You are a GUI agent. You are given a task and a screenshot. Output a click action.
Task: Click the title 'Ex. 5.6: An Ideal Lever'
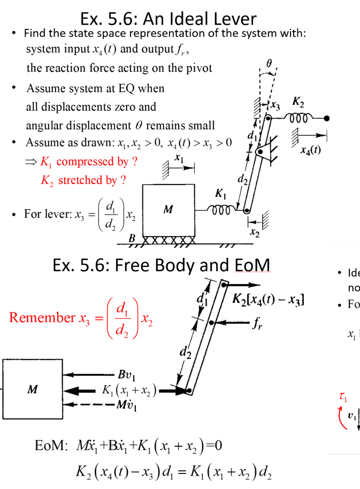(x=168, y=19)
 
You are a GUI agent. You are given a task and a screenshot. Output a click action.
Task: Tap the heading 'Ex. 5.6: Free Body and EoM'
(x=161, y=265)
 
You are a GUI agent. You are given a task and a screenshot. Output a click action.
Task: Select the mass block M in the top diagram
(x=168, y=209)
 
